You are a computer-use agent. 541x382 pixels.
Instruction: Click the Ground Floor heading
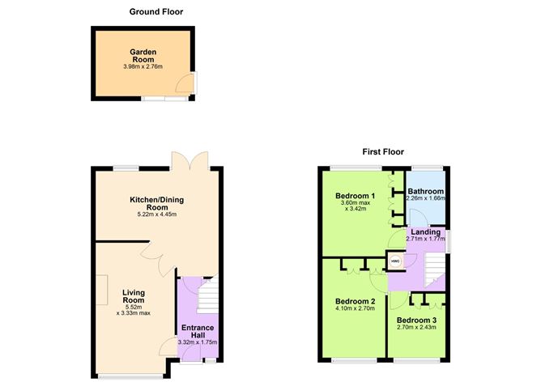[x=156, y=11]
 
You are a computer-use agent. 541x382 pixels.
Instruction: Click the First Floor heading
[x=383, y=151]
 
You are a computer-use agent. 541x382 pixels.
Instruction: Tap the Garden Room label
[x=143, y=56]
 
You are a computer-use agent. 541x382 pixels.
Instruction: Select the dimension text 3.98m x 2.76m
[x=143, y=66]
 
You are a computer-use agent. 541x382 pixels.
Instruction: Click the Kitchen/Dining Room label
[x=156, y=203]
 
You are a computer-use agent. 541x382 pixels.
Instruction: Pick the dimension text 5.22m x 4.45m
[x=156, y=214]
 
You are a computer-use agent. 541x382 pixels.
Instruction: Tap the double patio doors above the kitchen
[x=190, y=160]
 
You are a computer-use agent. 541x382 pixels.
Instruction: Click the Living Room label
[x=134, y=296]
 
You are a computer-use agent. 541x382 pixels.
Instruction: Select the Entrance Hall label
[x=198, y=331]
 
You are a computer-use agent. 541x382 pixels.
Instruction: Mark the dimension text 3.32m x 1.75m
[x=198, y=342]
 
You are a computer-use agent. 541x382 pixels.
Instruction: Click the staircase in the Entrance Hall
[x=208, y=295]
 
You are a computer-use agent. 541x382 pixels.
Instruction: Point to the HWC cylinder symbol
[x=395, y=261]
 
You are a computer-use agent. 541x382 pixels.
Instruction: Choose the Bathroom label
[x=426, y=191]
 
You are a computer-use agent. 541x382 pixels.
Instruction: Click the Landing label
[x=426, y=231]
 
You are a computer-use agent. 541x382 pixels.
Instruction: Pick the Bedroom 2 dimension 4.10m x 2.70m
[x=355, y=308]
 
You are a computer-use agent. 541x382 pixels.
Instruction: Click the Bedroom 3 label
[x=416, y=320]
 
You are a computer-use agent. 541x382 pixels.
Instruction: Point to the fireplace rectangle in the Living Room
[x=101, y=290]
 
